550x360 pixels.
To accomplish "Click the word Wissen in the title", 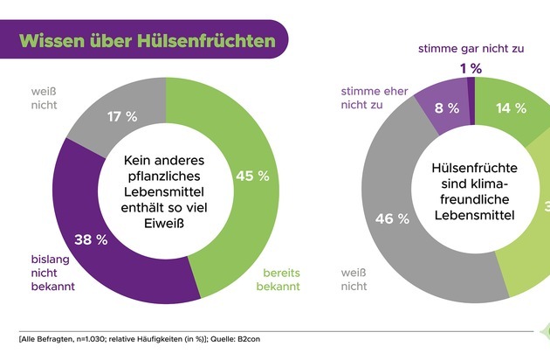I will tap(55, 41).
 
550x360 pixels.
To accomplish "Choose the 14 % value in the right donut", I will tap(510, 108).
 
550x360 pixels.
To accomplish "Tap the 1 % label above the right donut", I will tap(471, 68).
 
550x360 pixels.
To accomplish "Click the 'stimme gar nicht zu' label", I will tap(471, 48).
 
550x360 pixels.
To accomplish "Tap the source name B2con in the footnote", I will tap(246, 338).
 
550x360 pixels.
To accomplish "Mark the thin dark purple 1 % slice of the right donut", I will tap(471, 84).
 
